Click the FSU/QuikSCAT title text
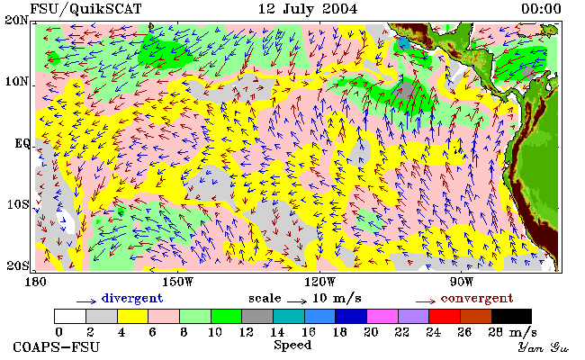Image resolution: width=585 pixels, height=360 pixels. coord(85,9)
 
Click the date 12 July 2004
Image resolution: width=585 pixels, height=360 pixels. coord(308,9)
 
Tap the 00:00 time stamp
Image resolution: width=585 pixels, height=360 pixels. coord(541,9)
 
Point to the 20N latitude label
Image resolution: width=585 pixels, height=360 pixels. coord(16,20)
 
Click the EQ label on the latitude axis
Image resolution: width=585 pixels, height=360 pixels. coord(22,143)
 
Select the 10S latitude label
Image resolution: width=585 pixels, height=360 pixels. coord(18,204)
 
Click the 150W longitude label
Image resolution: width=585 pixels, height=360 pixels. coord(178,282)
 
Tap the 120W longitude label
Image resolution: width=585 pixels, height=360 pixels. coord(319,282)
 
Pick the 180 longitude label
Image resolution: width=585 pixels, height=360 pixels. coord(35,282)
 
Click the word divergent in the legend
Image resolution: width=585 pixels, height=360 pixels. coord(132,299)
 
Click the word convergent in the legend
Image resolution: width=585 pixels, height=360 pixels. coord(477,299)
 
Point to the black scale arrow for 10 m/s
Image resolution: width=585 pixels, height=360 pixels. coord(297,301)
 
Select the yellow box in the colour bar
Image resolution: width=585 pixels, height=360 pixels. coord(132,317)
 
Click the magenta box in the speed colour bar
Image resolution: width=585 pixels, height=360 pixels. coord(382,317)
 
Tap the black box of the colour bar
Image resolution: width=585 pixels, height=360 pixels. coord(511,317)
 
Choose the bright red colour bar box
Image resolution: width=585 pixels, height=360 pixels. coord(445,317)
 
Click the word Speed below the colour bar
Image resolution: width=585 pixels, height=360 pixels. coord(292,345)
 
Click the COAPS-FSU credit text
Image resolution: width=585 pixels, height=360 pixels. coord(57,347)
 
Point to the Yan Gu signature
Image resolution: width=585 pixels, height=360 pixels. coord(543,347)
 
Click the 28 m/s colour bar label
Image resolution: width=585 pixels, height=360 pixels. coord(512,332)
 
